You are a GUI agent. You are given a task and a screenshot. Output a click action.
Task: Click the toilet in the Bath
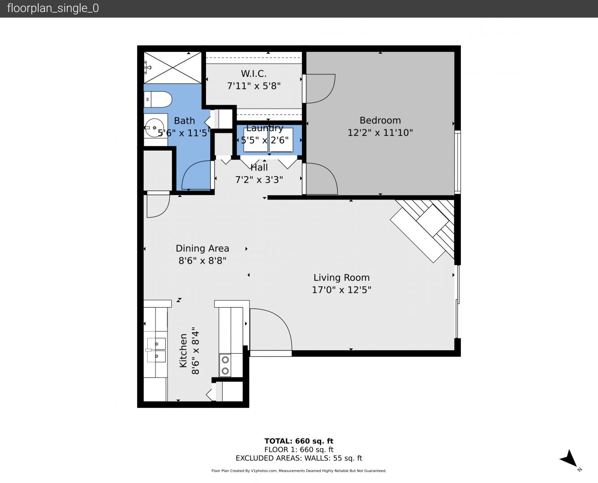(x=158, y=99)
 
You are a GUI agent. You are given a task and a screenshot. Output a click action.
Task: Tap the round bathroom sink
(x=154, y=128)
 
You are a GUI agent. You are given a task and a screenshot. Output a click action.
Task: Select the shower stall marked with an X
(x=172, y=68)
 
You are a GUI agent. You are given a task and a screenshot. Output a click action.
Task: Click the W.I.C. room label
(x=254, y=74)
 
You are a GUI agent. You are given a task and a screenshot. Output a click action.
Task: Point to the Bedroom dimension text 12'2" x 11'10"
(x=380, y=132)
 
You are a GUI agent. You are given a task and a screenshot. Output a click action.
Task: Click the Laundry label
(x=265, y=128)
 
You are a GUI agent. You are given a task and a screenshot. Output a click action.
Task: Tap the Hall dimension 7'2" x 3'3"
(x=259, y=179)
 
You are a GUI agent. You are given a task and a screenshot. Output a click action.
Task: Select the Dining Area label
(x=202, y=248)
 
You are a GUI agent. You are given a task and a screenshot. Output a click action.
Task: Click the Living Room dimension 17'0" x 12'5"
(x=341, y=289)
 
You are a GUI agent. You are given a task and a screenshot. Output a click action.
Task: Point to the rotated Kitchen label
(x=183, y=351)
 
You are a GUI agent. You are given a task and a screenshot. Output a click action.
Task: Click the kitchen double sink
(x=156, y=350)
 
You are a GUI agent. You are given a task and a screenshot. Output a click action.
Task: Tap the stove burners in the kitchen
(x=225, y=365)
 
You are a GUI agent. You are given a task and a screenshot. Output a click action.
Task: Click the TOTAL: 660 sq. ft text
(x=299, y=441)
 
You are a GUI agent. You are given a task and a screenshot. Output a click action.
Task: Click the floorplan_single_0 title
(x=53, y=8)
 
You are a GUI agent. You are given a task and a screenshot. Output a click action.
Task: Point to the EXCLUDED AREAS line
(x=299, y=458)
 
